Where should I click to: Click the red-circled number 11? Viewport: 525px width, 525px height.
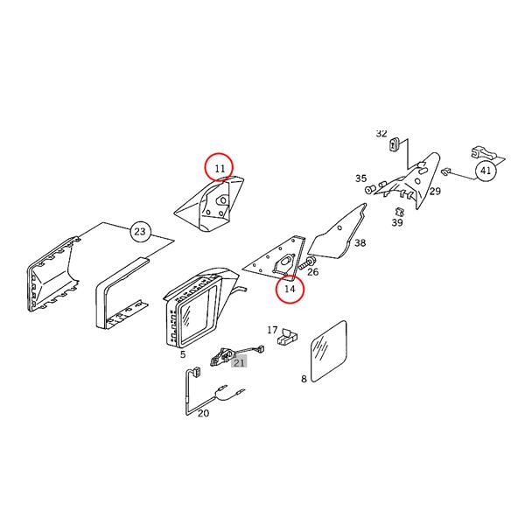pos(220,168)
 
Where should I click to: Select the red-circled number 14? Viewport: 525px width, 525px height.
pos(290,288)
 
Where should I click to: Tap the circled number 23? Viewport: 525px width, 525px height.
pos(140,231)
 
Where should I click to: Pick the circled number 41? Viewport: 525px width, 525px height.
pos(486,171)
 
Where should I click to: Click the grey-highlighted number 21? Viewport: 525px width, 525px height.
pos(239,362)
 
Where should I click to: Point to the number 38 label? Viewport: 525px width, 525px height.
pos(360,242)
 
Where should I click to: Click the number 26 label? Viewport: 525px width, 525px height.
pos(312,271)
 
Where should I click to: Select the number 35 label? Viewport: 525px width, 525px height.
pos(360,178)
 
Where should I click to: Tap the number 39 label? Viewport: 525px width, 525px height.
pos(397,222)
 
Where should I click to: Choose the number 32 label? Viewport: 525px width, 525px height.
pos(381,133)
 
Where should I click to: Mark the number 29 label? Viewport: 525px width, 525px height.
pos(435,191)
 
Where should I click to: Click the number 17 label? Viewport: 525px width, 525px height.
pos(272,330)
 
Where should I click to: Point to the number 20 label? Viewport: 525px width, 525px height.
pos(203,413)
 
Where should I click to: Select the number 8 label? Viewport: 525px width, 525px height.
pos(304,379)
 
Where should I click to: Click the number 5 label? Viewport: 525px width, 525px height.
pos(183,354)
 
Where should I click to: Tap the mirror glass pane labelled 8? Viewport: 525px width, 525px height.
pos(329,351)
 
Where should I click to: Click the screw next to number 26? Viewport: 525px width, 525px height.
pos(305,263)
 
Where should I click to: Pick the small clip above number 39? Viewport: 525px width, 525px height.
pos(398,212)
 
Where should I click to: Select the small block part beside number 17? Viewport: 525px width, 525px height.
pos(287,337)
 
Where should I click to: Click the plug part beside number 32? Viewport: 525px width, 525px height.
pos(394,143)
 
